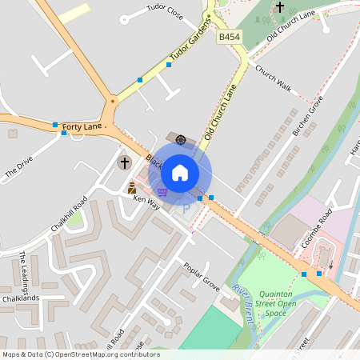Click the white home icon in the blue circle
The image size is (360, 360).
click(x=180, y=172)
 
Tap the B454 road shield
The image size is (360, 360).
click(x=230, y=37)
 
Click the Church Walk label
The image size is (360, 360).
click(x=273, y=76)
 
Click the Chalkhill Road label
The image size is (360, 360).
click(x=68, y=214)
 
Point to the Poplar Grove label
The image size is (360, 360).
click(x=201, y=275)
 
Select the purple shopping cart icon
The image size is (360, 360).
click(x=162, y=193)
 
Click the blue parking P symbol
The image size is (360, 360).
click(x=187, y=210)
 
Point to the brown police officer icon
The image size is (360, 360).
click(x=132, y=188)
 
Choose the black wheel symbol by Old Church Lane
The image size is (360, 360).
click(x=181, y=140)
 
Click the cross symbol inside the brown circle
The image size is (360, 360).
click(x=124, y=163)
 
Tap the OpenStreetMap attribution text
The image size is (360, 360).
click(x=80, y=354)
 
